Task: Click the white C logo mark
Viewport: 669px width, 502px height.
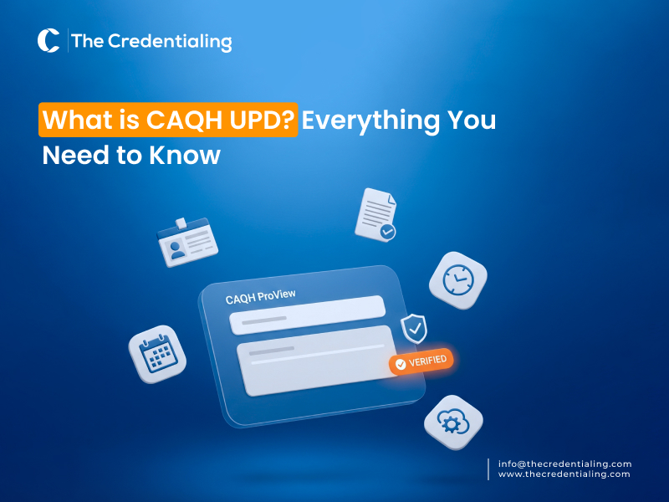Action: click(x=49, y=41)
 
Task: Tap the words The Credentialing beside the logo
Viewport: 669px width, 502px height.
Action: click(x=151, y=41)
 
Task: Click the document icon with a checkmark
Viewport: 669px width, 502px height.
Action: click(x=375, y=215)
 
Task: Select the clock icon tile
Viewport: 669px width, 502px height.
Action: click(x=458, y=277)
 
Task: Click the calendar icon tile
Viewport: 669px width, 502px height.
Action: click(x=157, y=354)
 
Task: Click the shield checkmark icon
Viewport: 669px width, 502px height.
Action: click(x=414, y=328)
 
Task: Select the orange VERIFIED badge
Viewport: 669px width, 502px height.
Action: click(x=422, y=361)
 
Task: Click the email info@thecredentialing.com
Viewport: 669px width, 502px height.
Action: click(x=564, y=464)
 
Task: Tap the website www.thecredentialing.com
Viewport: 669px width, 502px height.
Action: click(x=564, y=474)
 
